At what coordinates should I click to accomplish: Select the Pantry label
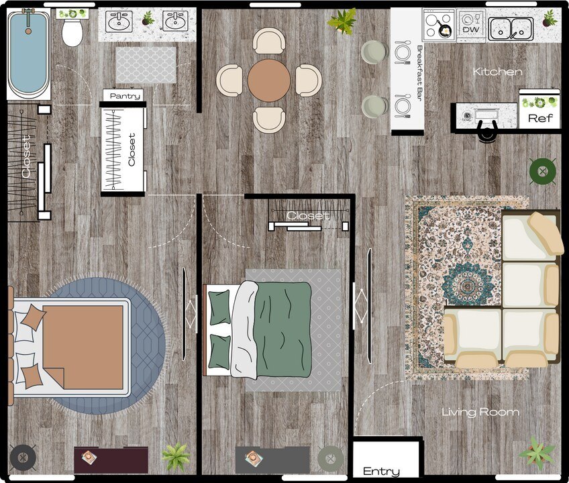point(125,96)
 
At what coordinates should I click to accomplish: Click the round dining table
point(269,80)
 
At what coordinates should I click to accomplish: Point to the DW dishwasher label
point(472,30)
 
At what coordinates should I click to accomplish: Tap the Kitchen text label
point(497,72)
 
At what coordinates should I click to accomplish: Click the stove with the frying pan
point(439,25)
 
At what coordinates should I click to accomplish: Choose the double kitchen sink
point(511,29)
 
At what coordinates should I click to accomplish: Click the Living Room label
point(480,412)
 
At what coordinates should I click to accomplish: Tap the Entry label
point(381,471)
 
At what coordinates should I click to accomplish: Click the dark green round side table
point(542,172)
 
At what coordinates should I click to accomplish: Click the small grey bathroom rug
point(146,65)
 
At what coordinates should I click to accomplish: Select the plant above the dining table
point(343,21)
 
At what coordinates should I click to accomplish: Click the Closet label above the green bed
point(308,216)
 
